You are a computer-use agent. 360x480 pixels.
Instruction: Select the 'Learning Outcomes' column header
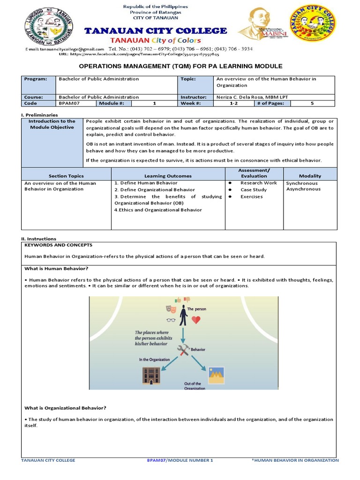click(168, 176)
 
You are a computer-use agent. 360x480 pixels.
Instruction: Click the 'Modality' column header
click(310, 176)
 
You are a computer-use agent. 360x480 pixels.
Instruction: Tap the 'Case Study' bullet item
click(254, 190)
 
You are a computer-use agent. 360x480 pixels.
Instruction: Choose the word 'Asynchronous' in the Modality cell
click(303, 189)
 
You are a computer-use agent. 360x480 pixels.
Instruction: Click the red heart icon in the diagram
click(196, 320)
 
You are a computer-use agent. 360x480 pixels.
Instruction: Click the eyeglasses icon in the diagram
click(171, 321)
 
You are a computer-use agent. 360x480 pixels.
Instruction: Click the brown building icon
click(151, 375)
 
